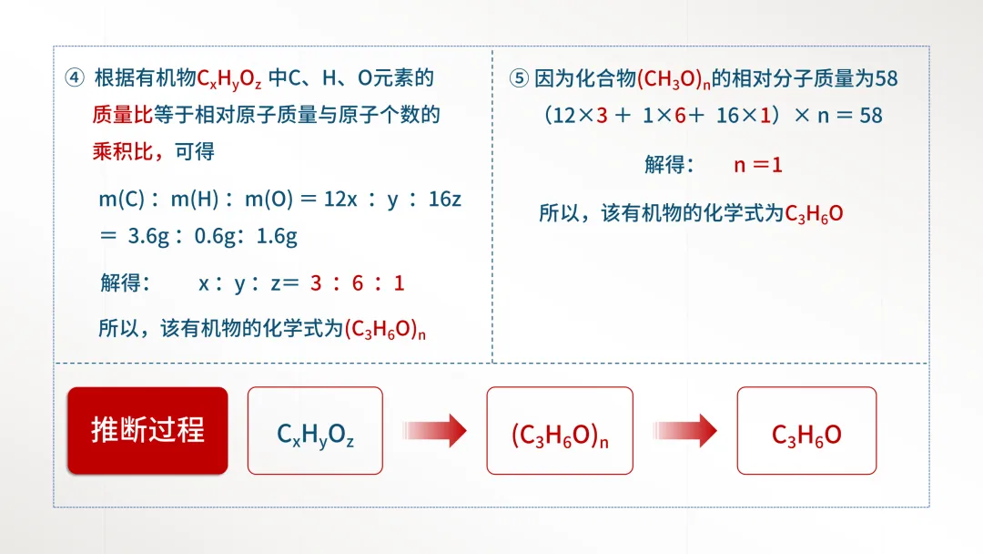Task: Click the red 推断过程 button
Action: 147,430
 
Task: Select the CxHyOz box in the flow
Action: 315,431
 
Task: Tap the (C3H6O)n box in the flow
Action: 559,431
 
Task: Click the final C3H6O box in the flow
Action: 806,431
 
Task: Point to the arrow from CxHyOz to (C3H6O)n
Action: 434,431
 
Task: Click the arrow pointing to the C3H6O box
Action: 684,431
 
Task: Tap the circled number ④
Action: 75,78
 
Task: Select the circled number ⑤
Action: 518,78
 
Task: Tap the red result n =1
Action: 758,165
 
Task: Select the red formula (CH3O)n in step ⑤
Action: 673,79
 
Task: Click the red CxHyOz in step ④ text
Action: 229,79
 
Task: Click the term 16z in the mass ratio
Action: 445,199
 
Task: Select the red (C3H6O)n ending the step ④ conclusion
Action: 385,329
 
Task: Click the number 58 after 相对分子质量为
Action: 886,78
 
